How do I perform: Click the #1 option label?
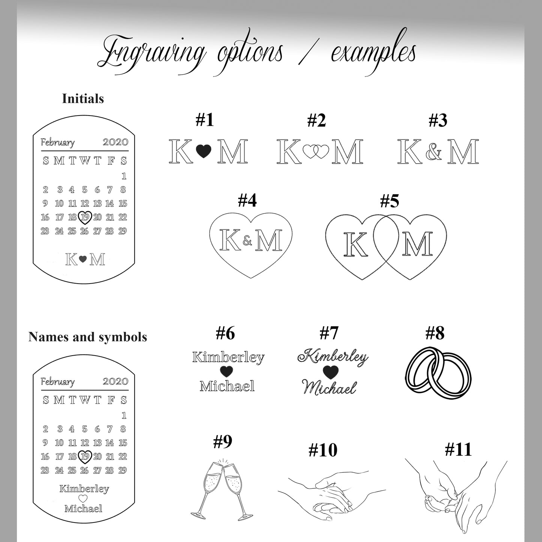coord(204,120)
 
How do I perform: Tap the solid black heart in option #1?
coord(204,151)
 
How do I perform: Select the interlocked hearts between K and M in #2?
coord(315,152)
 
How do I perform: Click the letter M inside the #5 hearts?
coord(417,244)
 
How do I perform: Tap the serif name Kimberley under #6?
coord(228,357)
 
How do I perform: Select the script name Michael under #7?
coord(329,387)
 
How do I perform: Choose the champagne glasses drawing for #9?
coord(222,490)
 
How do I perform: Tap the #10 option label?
coord(323,450)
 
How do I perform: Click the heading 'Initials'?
coord(83,99)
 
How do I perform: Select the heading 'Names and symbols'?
coord(87,337)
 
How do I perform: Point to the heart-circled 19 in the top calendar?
coord(85,217)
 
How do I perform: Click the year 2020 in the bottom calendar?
coord(115,381)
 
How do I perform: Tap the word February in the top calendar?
coord(58,143)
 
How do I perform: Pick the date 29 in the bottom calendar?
coord(122,470)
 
